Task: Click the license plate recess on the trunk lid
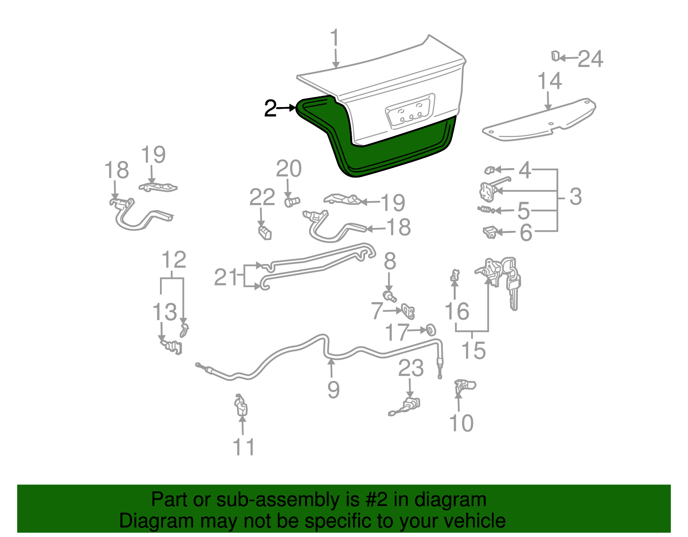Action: (410, 111)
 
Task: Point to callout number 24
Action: (590, 58)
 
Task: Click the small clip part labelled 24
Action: (555, 56)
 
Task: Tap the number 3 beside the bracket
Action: (575, 196)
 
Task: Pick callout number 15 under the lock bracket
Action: (473, 350)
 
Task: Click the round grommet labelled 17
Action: (430, 330)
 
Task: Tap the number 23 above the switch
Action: (411, 368)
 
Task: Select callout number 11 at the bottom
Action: (244, 447)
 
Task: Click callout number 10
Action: (461, 423)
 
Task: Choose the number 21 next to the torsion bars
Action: (226, 277)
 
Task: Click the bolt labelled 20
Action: (292, 201)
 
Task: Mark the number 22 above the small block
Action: (262, 197)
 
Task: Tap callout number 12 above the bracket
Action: (174, 260)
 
